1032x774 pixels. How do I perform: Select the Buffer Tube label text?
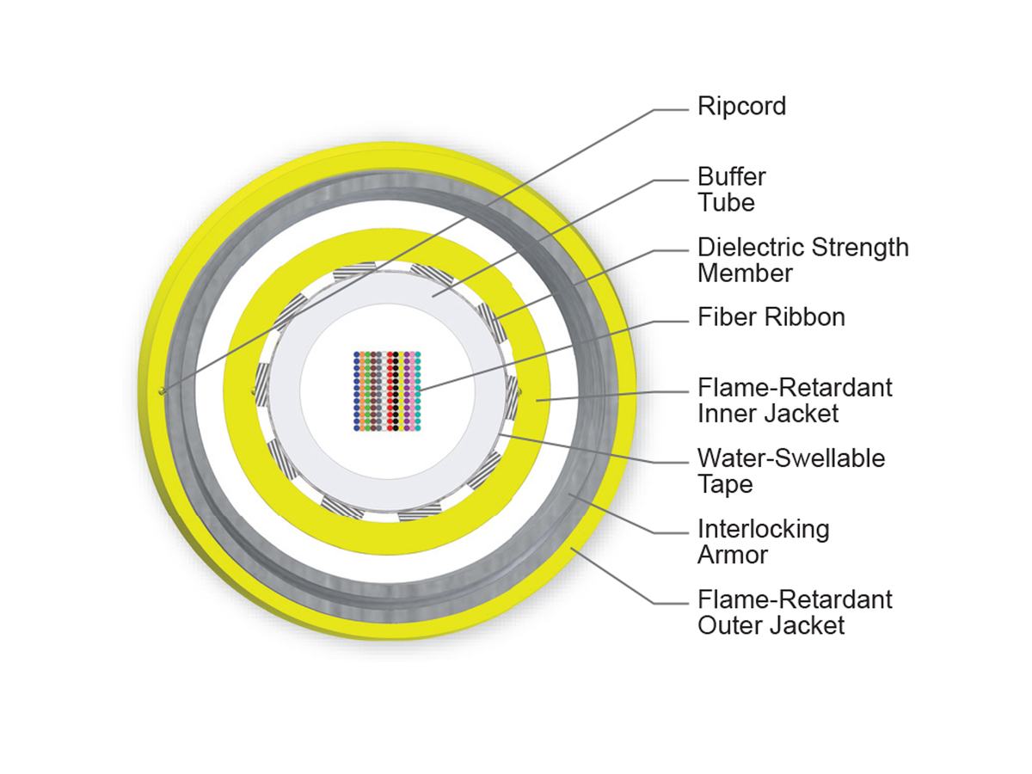(731, 190)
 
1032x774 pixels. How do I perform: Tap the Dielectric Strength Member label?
(802, 261)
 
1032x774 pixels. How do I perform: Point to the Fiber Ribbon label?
(771, 317)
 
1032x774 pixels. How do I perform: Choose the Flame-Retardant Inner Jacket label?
(795, 401)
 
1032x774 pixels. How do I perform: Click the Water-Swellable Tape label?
(791, 472)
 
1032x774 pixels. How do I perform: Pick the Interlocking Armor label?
(763, 543)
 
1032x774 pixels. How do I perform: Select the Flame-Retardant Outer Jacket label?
(795, 613)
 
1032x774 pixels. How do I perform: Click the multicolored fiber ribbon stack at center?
(387, 391)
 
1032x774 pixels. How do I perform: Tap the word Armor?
(733, 555)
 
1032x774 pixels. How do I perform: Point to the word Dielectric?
(752, 247)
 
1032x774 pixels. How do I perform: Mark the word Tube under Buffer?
(726, 203)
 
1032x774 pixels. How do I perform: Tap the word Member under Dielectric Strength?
(745, 273)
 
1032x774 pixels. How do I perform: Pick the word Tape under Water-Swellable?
(725, 484)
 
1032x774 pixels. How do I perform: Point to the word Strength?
(860, 249)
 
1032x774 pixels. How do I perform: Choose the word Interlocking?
(763, 530)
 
